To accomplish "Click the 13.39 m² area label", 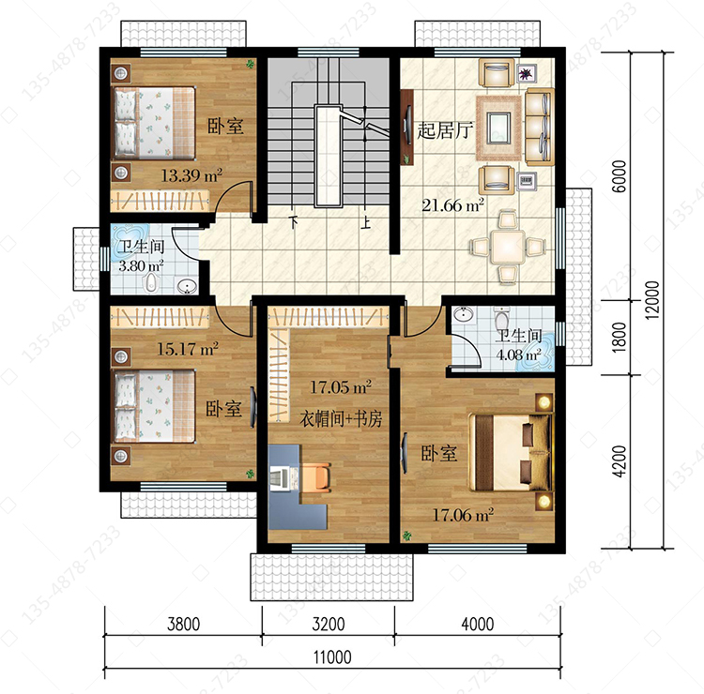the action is [x=191, y=175].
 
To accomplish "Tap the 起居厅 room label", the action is [x=445, y=130].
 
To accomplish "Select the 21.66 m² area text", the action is [x=452, y=205].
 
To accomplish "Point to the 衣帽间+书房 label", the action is [x=341, y=419].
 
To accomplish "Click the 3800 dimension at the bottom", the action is [x=183, y=624].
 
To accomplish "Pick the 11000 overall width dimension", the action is [x=332, y=657].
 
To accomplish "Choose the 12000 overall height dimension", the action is [x=652, y=300].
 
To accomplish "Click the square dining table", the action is [x=507, y=247].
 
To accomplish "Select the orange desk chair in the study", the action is [x=316, y=476].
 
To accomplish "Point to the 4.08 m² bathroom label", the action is [x=518, y=355].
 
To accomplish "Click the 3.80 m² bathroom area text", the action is [x=141, y=265].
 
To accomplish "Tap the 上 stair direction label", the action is [x=367, y=222].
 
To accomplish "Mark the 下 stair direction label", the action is [x=294, y=221].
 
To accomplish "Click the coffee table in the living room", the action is [x=498, y=128].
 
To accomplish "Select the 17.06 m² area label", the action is [x=463, y=515].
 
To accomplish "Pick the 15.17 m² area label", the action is [x=187, y=349].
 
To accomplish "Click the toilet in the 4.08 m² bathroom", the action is [x=501, y=317].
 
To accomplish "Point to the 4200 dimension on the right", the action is [x=620, y=461].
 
